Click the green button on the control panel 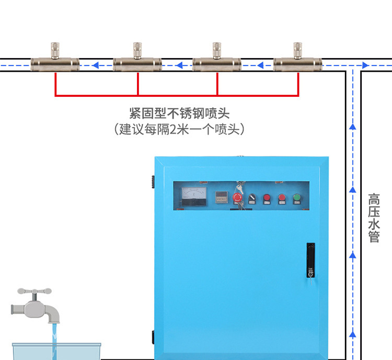coord(297,198)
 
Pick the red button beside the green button coord(282,198)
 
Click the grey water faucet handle coord(34,291)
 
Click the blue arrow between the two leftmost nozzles coord(96,66)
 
